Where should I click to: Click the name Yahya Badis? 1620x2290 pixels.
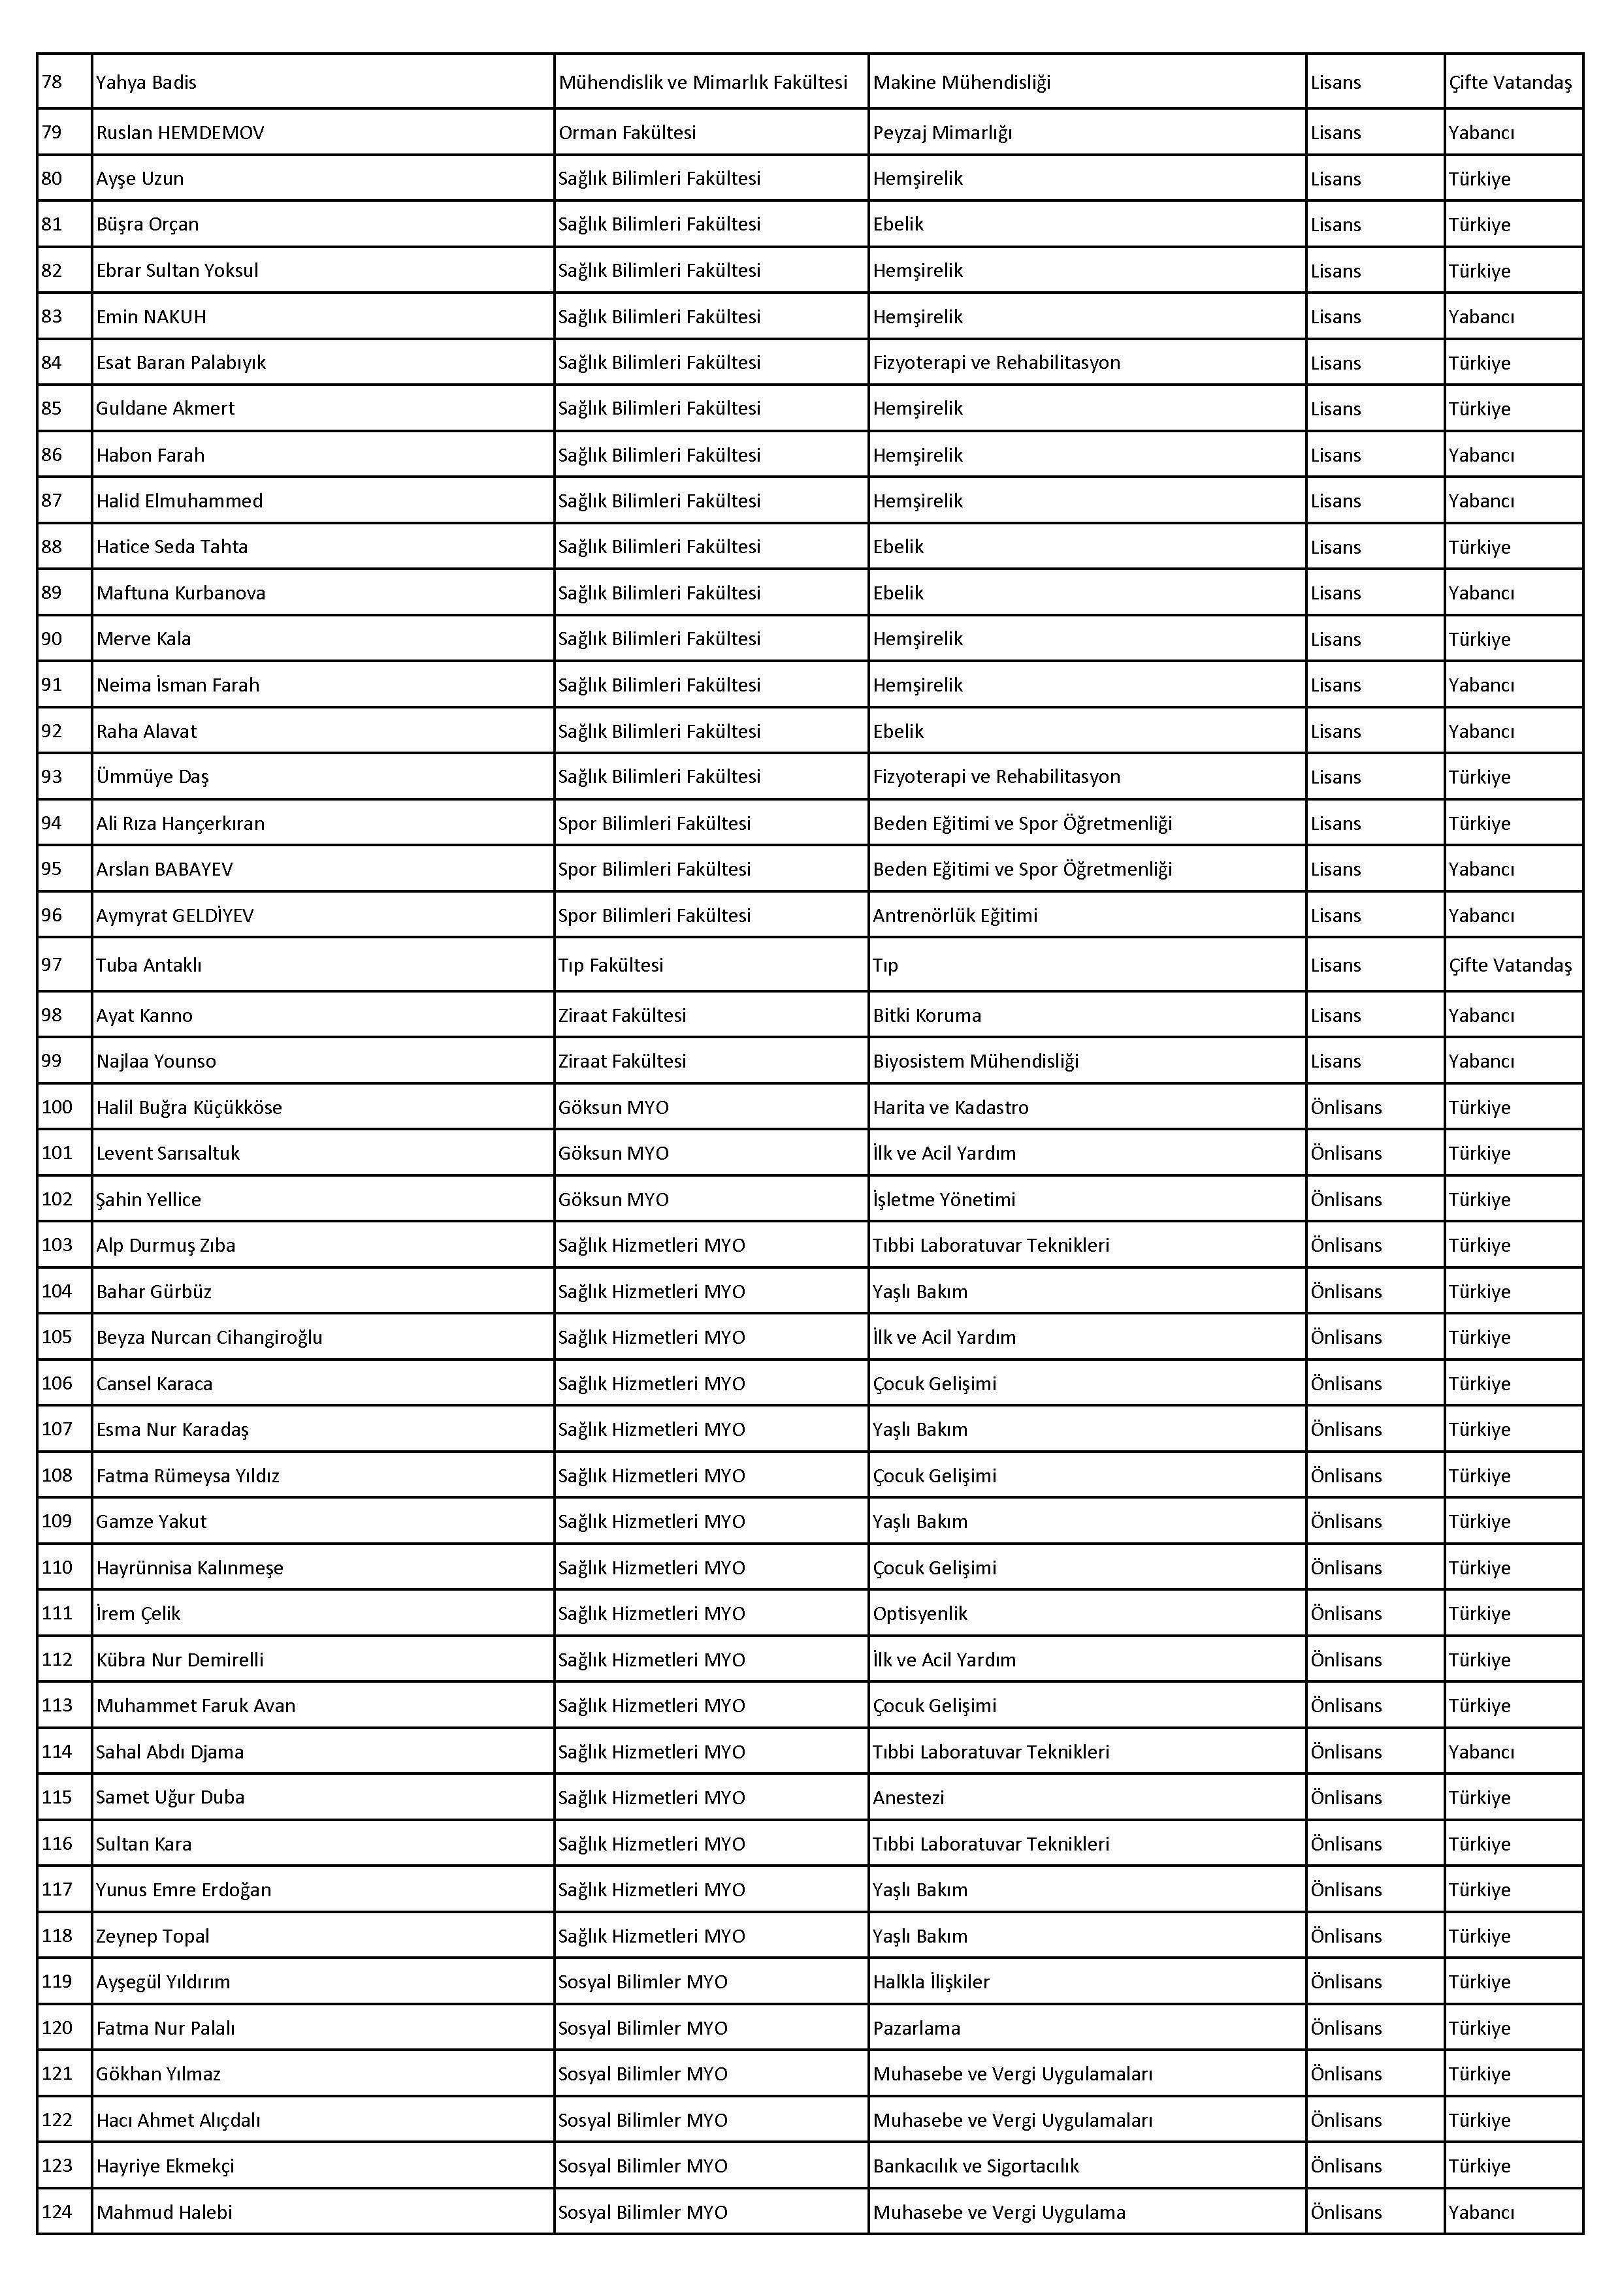pyautogui.click(x=146, y=83)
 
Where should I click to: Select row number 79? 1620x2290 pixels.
pyautogui.click(x=52, y=133)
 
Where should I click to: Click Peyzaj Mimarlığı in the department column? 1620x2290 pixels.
pyautogui.click(x=942, y=133)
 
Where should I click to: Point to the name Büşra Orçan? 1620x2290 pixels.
pyautogui.click(x=148, y=225)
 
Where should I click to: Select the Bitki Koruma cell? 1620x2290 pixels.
pyautogui.click(x=927, y=1015)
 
